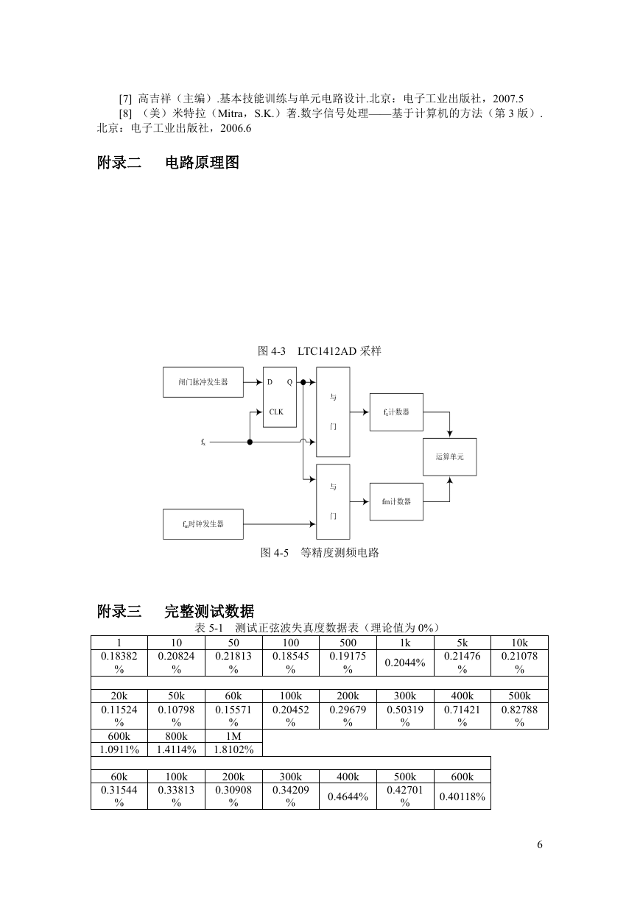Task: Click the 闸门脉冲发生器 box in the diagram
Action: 203,382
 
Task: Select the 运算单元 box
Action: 449,457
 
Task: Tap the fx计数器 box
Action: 396,412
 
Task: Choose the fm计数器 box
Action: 396,501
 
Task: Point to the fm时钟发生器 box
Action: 203,524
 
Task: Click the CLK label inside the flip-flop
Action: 276,412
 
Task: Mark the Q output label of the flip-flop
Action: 289,382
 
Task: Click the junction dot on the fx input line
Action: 250,442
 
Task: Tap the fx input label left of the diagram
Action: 203,442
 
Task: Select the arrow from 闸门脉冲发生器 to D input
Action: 253,382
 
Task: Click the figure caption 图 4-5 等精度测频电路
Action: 320,553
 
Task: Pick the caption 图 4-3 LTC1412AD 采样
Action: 320,350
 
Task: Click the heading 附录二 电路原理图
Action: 168,162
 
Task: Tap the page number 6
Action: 539,844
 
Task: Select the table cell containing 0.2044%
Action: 405,663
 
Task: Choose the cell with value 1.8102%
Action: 233,749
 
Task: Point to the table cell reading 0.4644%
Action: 348,797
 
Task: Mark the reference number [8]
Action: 125,113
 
